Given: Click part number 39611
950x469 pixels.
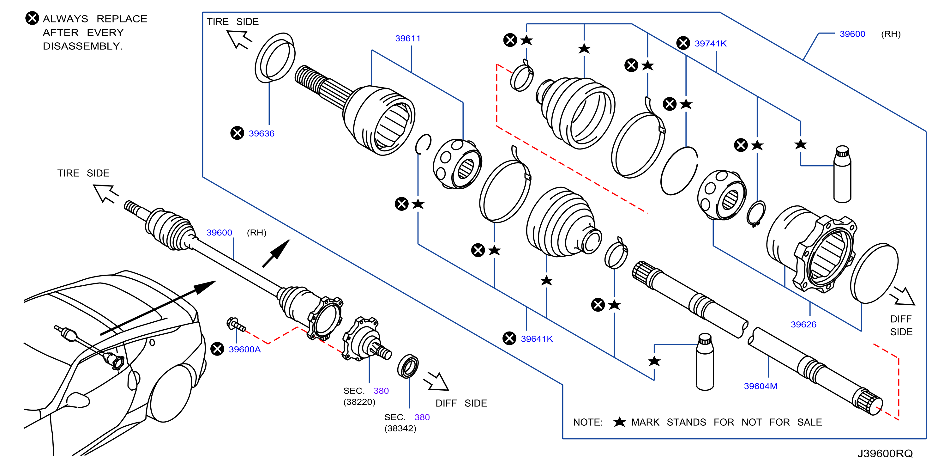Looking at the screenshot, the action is [407, 38].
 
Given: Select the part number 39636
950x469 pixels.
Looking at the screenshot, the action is [262, 134].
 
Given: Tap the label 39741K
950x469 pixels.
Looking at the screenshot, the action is [710, 44].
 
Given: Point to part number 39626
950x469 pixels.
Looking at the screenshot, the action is [803, 324].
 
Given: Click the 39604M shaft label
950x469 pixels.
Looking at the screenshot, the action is [761, 386].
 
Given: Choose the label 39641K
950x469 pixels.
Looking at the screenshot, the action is [537, 339].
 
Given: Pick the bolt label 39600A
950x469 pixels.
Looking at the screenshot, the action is [244, 349].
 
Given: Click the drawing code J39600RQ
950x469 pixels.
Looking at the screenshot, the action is [885, 454].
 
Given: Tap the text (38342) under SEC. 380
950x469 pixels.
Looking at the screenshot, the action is [400, 429].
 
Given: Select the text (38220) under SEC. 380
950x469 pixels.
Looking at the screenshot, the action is [359, 402].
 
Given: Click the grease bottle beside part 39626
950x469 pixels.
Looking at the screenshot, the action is [842, 174].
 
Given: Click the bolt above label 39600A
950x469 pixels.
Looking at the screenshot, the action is [236, 324].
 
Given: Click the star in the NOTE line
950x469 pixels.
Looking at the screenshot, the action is [620, 422].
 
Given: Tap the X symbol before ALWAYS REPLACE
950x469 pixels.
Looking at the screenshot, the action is [32, 18].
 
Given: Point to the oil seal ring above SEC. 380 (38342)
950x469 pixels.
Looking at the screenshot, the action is [408, 366].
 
